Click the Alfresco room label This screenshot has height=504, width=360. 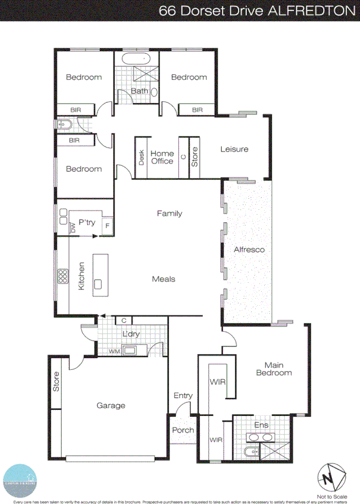(x=249, y=250)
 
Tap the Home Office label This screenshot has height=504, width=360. (x=162, y=158)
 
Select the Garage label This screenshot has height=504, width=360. (x=111, y=406)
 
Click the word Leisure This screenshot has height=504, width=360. (x=234, y=149)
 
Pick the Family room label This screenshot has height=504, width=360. (x=169, y=214)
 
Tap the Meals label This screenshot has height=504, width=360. (x=164, y=279)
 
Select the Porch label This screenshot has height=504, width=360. (x=183, y=430)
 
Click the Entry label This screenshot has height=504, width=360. (x=183, y=396)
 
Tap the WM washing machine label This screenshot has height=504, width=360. (x=115, y=351)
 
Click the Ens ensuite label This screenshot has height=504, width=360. (x=261, y=425)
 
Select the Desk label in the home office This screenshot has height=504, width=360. (x=141, y=158)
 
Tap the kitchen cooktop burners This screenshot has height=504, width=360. (x=62, y=276)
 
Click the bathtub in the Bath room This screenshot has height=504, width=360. (x=137, y=59)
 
